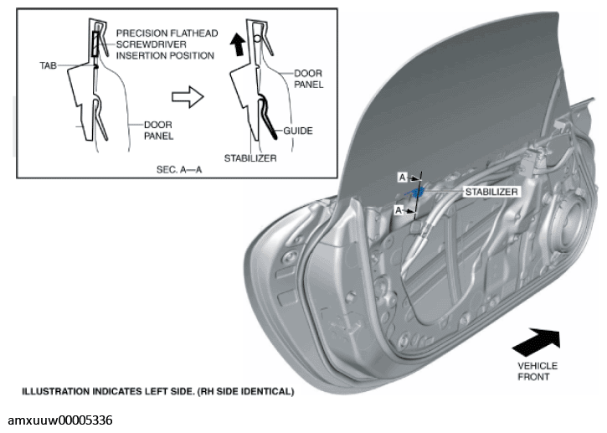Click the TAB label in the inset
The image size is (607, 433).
click(x=48, y=65)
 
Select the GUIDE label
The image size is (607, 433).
click(x=298, y=131)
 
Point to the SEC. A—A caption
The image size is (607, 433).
click(x=179, y=170)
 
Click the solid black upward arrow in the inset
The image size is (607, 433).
click(x=237, y=44)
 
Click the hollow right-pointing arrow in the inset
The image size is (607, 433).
click(x=188, y=97)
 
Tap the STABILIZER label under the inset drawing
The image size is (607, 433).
click(x=250, y=158)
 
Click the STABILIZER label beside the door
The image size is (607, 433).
click(x=491, y=192)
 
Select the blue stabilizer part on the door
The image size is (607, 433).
click(x=417, y=192)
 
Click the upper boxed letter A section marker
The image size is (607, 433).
click(x=403, y=178)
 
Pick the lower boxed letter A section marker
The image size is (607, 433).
click(x=399, y=210)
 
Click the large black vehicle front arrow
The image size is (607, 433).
click(x=537, y=342)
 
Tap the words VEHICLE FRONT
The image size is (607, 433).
click(x=538, y=371)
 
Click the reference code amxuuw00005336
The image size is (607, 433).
click(x=60, y=420)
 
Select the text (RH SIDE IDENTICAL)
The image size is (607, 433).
click(x=246, y=392)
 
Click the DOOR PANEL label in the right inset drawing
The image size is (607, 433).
click(x=309, y=79)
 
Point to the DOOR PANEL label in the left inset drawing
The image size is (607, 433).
click(x=158, y=131)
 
